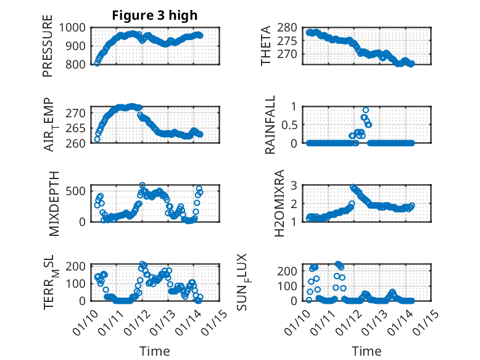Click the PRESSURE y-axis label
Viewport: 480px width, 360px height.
click(48, 51)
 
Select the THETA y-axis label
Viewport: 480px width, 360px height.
click(266, 45)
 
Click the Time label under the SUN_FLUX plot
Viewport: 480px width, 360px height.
click(366, 351)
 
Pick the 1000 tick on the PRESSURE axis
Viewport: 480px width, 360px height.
click(73, 28)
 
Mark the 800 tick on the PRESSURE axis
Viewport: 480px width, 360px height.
click(77, 64)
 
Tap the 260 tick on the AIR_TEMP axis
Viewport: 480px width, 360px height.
click(77, 143)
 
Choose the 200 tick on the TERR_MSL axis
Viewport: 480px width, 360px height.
click(77, 266)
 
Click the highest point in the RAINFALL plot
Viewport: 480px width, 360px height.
click(366, 110)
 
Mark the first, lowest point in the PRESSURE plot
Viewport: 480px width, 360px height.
click(97, 63)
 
